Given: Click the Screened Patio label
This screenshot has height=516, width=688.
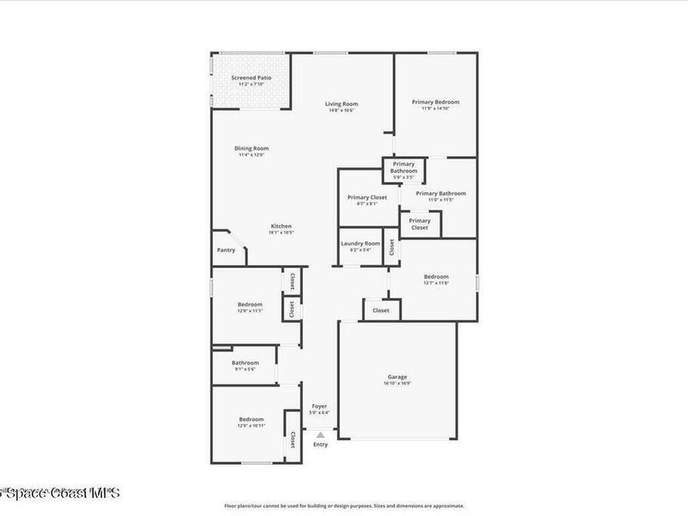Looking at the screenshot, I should [243, 78].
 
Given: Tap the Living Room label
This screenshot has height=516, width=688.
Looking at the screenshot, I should [341, 104].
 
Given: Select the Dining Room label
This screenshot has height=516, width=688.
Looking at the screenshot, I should [251, 148].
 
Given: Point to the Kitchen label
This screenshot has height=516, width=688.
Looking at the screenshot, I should [281, 226].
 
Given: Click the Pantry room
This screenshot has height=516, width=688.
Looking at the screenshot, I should [226, 250].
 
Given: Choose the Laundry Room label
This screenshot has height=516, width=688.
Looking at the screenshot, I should [360, 244].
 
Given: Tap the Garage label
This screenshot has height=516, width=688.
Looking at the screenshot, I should [397, 378].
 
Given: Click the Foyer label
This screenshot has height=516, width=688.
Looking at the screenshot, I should [319, 406].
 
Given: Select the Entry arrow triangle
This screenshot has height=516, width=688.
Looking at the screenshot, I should [320, 435].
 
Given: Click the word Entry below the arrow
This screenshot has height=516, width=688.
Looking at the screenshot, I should [320, 445].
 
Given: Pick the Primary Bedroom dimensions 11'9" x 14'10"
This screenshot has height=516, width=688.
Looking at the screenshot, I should [435, 108].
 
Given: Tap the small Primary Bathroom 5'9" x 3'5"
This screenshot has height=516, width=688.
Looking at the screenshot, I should [404, 171].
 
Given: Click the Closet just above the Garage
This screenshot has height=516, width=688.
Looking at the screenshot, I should [381, 310].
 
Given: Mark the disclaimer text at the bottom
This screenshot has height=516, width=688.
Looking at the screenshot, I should [343, 506].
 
